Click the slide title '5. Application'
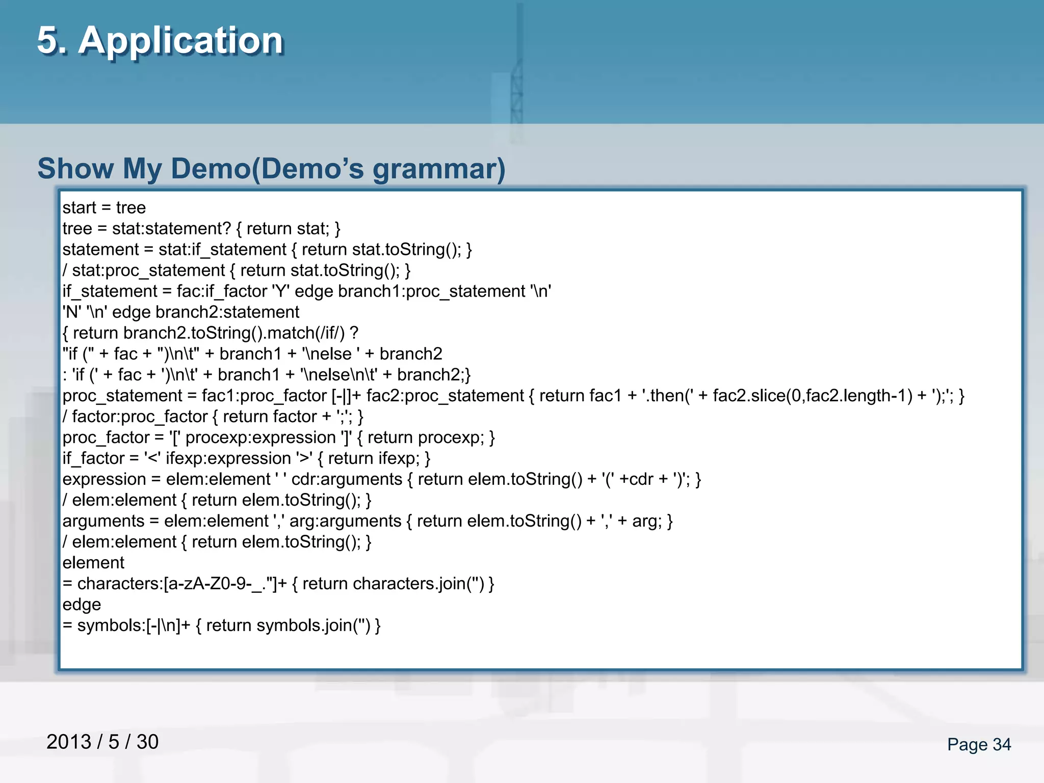point(160,40)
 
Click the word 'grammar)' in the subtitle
point(439,169)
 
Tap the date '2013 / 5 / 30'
point(102,742)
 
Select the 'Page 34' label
point(979,744)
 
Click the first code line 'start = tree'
point(104,208)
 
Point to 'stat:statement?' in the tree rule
point(172,229)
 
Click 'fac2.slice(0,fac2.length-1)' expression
point(813,396)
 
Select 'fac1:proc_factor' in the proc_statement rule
point(264,396)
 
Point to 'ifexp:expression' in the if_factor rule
point(228,459)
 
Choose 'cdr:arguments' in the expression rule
point(347,480)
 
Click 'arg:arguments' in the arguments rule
point(345,521)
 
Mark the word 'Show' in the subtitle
point(75,169)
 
